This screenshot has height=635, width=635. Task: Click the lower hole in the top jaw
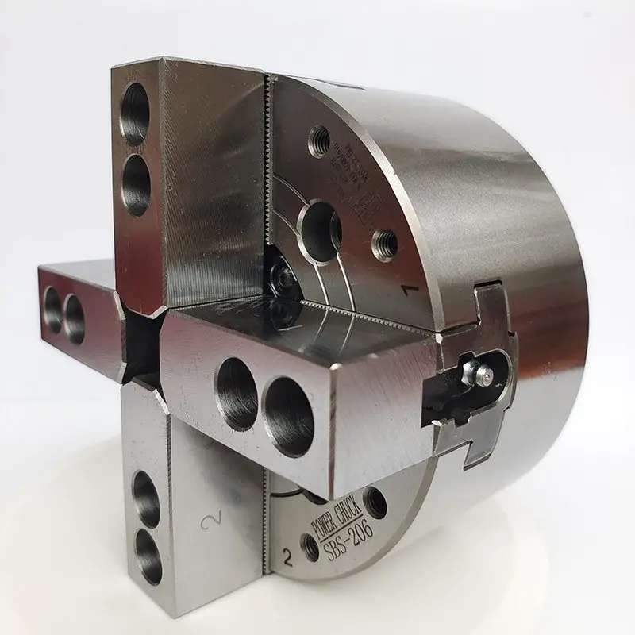(x=136, y=184)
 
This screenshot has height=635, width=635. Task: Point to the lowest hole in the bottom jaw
(x=148, y=553)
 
